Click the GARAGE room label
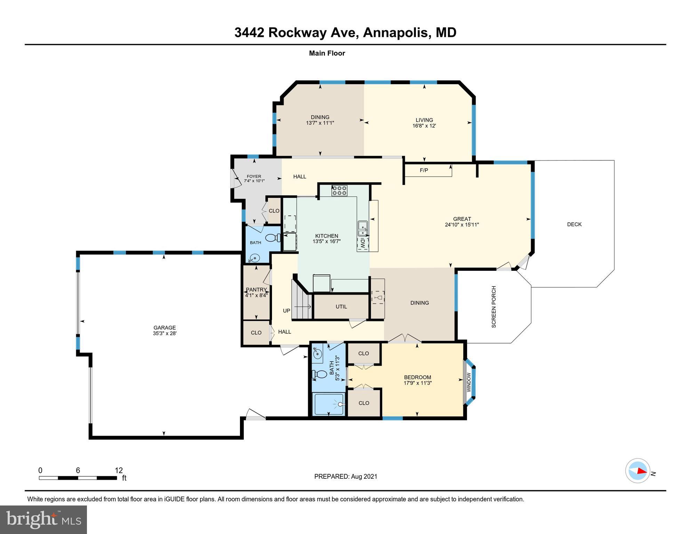click(x=164, y=327)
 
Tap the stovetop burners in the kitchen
click(x=339, y=190)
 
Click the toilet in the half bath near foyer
click(x=273, y=238)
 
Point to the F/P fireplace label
click(x=424, y=170)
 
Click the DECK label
click(x=574, y=224)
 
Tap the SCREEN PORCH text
click(x=493, y=307)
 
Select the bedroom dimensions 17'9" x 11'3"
click(x=417, y=383)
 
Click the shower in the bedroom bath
click(x=329, y=404)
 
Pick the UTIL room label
click(x=341, y=307)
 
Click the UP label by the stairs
click(x=286, y=310)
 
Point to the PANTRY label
click(x=256, y=290)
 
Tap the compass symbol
click(x=637, y=471)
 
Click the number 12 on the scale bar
click(x=119, y=470)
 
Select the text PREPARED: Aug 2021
click(x=345, y=476)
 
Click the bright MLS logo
click(x=43, y=519)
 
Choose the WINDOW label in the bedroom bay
click(x=468, y=382)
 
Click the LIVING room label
click(x=424, y=120)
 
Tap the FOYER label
click(x=254, y=176)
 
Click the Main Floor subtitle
click(x=327, y=53)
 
